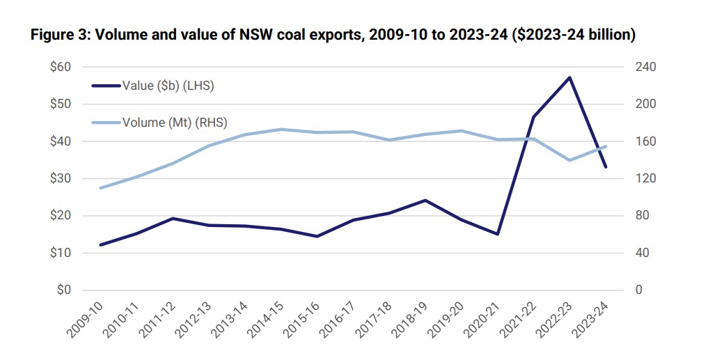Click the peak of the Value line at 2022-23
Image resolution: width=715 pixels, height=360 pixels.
(569, 77)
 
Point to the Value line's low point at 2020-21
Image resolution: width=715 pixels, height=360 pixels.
(497, 234)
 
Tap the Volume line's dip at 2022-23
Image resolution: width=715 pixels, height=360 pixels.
(569, 160)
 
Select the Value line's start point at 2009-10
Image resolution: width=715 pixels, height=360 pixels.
(101, 244)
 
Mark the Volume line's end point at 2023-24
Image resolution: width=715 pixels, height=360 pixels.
(606, 146)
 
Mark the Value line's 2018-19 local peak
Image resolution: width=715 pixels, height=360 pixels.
(425, 201)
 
